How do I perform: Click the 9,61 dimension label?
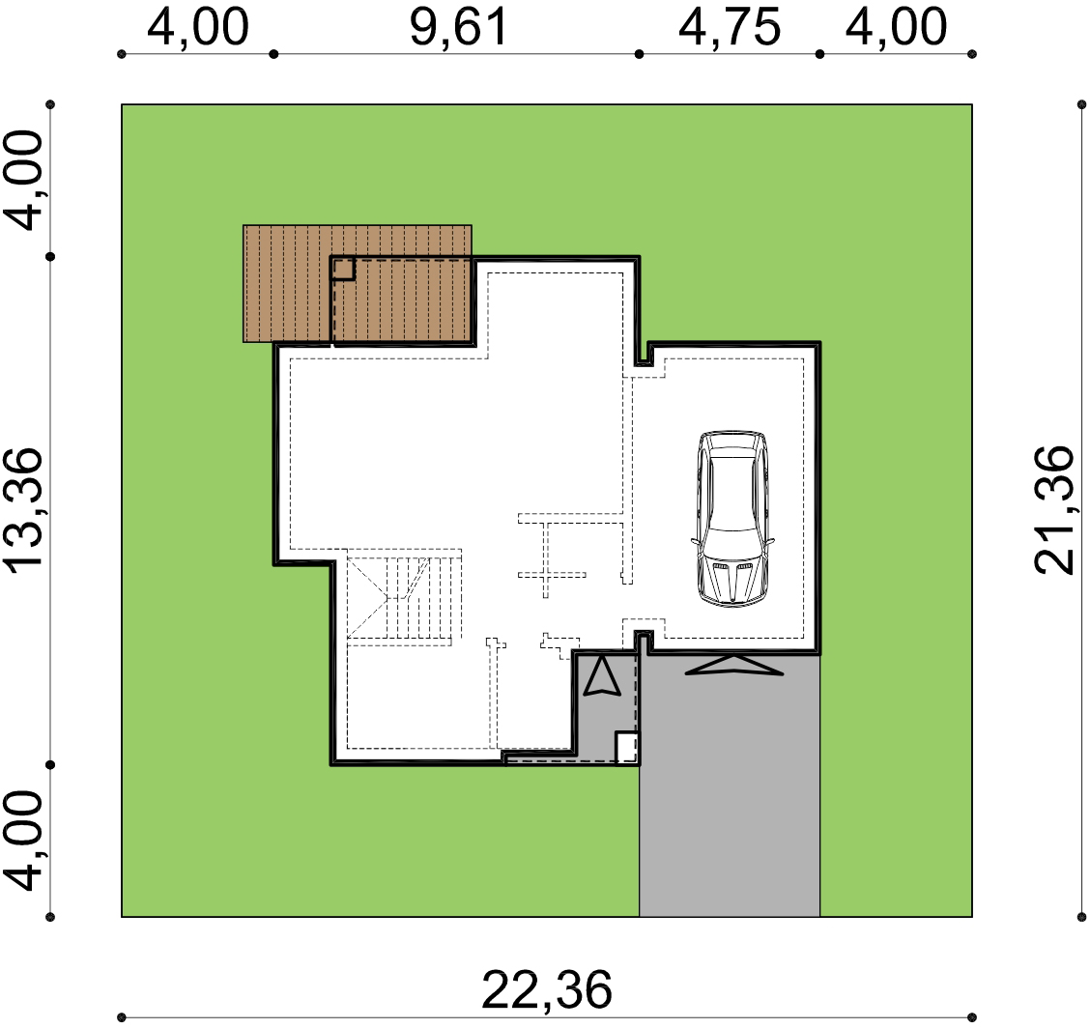pos(459,28)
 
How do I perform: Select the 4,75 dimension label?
pos(730,28)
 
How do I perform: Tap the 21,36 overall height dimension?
pos(1054,509)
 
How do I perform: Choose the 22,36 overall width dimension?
pos(546,989)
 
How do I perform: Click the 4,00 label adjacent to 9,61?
pos(197,28)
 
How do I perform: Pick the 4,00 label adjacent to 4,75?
pos(896,28)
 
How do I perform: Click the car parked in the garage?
pos(732,519)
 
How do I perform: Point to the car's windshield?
pos(732,542)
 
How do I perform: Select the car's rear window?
pos(732,452)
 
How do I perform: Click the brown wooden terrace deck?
pos(358,284)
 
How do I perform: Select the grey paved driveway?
pos(730,785)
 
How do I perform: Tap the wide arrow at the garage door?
pos(734,665)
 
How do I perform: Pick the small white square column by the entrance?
pos(626,748)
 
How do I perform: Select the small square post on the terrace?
pos(343,269)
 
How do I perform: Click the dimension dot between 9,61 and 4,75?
pos(640,54)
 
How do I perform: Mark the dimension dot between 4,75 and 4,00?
pos(820,54)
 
